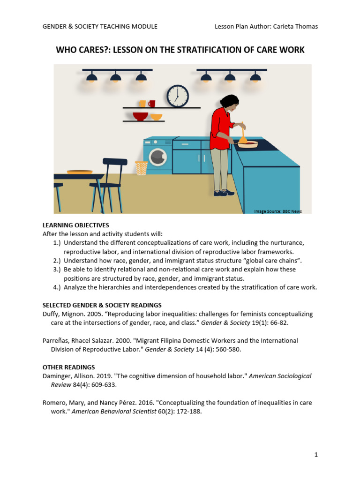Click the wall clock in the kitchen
178,95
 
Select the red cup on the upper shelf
151,104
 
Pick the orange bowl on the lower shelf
156,117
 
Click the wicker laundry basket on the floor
141,168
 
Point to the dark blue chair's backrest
115,162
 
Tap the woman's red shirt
221,127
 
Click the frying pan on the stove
247,144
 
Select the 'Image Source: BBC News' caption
277,211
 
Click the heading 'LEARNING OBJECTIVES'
76,225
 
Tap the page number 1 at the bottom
316,454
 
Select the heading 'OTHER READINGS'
68,367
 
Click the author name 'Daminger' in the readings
58,376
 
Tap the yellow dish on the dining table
79,172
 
